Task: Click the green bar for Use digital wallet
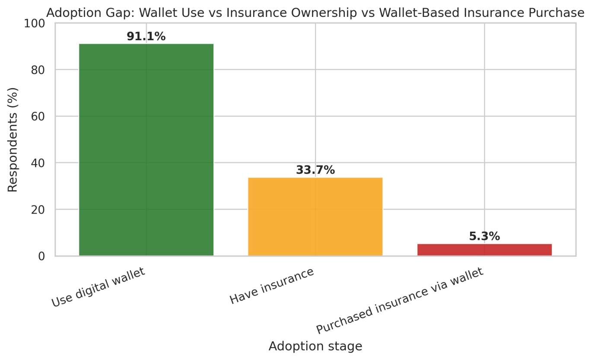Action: pos(146,150)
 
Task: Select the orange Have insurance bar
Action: pos(315,217)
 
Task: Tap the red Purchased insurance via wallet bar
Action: pos(484,250)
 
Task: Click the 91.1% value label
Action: pos(146,36)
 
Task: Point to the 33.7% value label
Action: pos(315,170)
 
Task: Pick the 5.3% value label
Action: pos(484,236)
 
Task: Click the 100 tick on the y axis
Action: pos(35,23)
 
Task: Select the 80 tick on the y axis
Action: pos(38,70)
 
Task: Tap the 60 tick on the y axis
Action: pos(38,117)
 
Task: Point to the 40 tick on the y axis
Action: pos(38,163)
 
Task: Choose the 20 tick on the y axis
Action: pos(38,210)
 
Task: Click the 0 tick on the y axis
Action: pos(42,256)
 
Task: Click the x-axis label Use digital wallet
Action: pos(99,287)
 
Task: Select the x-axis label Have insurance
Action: pos(272,286)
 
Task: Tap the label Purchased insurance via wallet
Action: pos(400,300)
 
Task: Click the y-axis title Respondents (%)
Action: pos(13,140)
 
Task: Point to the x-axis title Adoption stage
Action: pos(315,346)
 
